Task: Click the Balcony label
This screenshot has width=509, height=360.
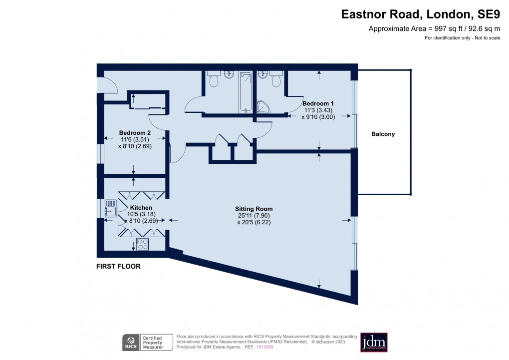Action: tap(383, 134)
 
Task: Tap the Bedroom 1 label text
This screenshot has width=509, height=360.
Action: tap(318, 103)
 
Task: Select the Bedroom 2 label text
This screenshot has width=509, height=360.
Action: tap(135, 133)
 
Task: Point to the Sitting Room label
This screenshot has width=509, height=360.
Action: tap(254, 209)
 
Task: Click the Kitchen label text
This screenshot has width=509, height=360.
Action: tap(141, 208)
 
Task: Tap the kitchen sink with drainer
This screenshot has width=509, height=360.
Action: tap(110, 209)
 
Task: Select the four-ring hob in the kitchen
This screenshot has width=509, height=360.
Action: tap(142, 244)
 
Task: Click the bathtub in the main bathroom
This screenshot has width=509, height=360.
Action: tap(245, 92)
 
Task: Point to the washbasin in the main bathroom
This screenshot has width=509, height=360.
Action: tap(229, 75)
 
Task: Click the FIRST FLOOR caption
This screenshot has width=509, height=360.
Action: tap(118, 267)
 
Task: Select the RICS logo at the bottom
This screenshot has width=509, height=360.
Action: tap(131, 343)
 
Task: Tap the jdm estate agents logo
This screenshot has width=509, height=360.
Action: tap(374, 343)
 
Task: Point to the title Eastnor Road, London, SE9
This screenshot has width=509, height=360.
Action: tap(420, 14)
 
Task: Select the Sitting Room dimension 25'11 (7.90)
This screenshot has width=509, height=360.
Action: tap(254, 216)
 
